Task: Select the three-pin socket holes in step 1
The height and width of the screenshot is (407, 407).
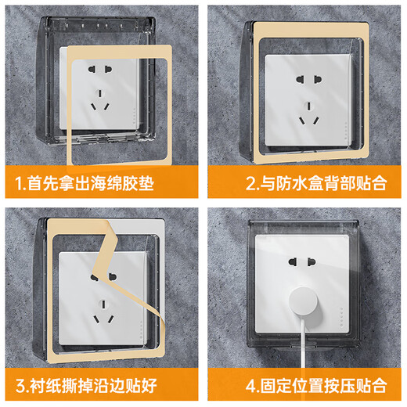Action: coord(99,103)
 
